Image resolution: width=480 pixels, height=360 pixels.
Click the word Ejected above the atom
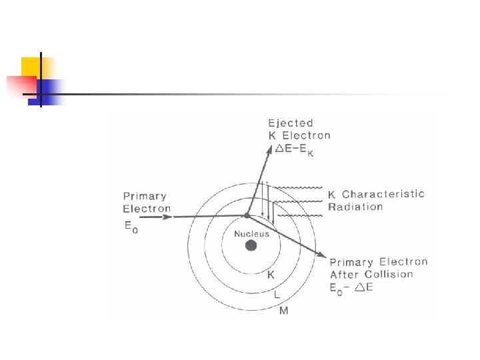290,123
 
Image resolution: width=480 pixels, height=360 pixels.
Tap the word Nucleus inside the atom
251,234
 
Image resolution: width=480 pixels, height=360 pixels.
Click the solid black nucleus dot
251,245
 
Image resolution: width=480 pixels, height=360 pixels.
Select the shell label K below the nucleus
271,275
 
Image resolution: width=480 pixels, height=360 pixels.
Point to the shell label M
284,310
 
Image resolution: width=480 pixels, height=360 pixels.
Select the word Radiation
355,207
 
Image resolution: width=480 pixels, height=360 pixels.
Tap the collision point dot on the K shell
247,215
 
